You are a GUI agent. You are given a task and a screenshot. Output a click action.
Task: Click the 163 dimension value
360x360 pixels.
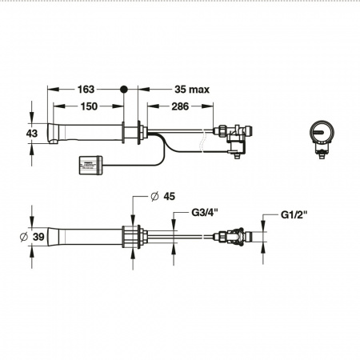[86, 90]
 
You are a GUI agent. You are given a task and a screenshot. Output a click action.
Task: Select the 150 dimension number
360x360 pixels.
[89, 106]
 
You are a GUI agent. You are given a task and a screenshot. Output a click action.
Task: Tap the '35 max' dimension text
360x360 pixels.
[192, 90]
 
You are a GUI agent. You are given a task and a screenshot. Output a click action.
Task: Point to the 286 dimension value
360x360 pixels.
[180, 106]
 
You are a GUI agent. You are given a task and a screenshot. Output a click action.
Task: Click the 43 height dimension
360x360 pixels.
[32, 134]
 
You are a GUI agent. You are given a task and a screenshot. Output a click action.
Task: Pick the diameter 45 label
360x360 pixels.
[162, 197]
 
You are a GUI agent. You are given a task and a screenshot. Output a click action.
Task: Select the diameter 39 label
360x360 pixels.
[32, 237]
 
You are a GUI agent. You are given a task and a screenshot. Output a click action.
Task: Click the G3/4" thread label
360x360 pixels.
[205, 213]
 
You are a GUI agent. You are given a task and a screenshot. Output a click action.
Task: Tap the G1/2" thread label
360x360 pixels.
[294, 214]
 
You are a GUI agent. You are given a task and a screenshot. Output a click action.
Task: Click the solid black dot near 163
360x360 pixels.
[123, 90]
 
